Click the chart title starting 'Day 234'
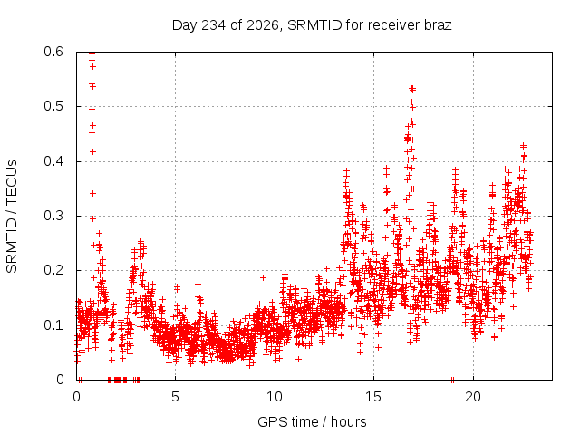tap(312, 25)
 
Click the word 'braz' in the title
tap(438, 25)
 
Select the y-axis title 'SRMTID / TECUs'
tap(12, 217)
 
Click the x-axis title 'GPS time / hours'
tap(312, 421)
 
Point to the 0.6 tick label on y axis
tap(53, 52)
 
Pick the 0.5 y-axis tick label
tap(53, 106)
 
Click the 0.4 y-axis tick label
tap(53, 161)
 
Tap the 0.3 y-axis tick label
tap(53, 216)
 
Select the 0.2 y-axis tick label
tap(53, 270)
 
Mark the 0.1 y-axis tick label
tap(53, 325)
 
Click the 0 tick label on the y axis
tap(60, 380)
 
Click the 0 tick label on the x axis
tap(76, 397)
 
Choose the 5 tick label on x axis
tap(175, 397)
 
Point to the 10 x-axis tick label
tap(275, 397)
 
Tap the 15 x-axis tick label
tap(373, 397)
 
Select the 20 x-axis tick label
tap(473, 397)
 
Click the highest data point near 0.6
tap(92, 54)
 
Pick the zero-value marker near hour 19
tap(452, 380)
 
